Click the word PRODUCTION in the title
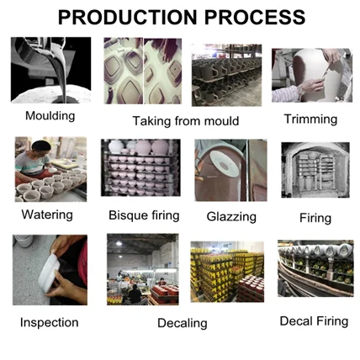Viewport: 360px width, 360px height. (x=128, y=17)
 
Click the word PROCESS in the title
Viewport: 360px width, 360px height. (x=255, y=17)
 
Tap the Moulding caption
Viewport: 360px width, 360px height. (x=50, y=116)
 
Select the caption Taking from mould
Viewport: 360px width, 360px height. (x=186, y=121)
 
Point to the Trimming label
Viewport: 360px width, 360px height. (x=310, y=119)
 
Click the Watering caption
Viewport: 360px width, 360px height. (x=47, y=214)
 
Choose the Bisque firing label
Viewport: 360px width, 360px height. (x=144, y=215)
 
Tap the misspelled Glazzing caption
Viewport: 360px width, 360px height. (x=231, y=217)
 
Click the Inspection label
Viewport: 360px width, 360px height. (x=50, y=322)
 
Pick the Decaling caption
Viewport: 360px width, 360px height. (x=183, y=323)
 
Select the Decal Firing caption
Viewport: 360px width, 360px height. (x=314, y=321)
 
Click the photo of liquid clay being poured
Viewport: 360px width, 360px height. (x=50, y=70)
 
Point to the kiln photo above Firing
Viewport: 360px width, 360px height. (x=315, y=170)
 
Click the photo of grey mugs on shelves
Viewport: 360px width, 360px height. (x=226, y=75)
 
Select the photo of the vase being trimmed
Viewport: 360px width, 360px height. (x=312, y=75)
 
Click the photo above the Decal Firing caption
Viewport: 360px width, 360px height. (x=315, y=268)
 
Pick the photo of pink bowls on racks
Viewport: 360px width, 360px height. (x=140, y=167)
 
